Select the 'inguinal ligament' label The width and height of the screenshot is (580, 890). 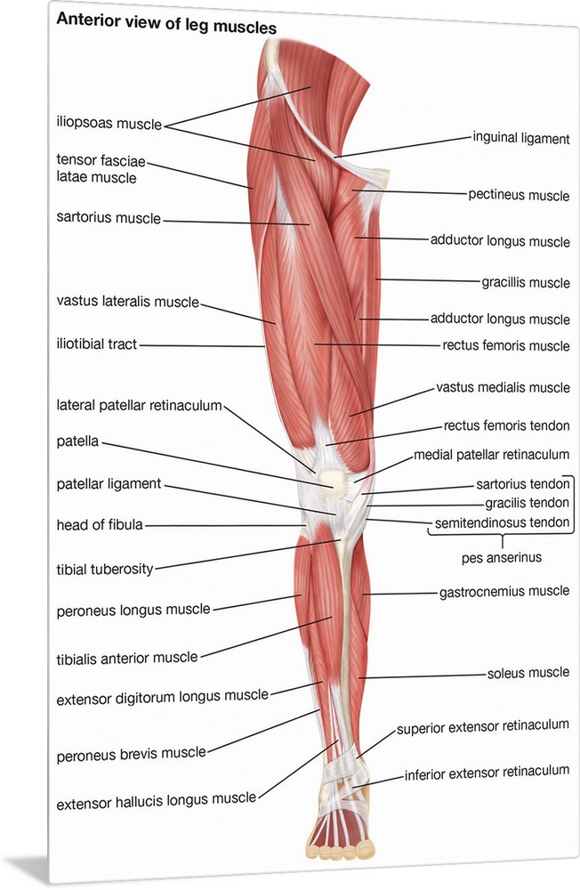(x=521, y=137)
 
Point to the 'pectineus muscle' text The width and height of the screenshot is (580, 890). (x=519, y=195)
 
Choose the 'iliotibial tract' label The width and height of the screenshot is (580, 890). (x=97, y=344)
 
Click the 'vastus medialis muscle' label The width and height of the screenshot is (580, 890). (x=503, y=388)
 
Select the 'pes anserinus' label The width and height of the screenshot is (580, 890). (x=503, y=558)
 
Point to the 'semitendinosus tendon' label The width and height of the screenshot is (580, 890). (x=502, y=522)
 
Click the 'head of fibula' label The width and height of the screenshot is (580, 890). (x=99, y=524)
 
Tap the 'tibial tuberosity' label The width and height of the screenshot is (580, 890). (x=105, y=568)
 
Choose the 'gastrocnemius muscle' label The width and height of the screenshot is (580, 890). (x=504, y=590)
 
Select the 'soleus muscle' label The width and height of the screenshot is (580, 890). (x=528, y=673)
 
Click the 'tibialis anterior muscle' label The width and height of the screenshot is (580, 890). (x=126, y=658)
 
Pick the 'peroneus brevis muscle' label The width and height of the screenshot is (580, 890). (x=131, y=753)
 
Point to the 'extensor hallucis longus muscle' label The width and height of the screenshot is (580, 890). (x=157, y=805)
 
